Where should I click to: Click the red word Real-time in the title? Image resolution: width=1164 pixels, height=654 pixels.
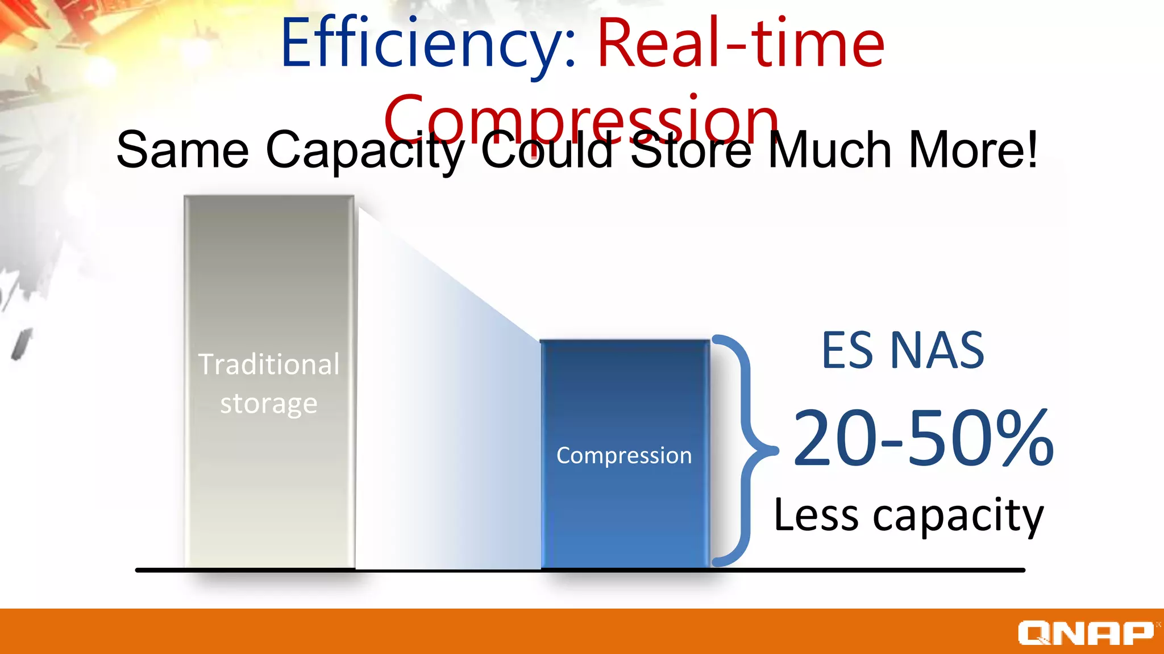740,44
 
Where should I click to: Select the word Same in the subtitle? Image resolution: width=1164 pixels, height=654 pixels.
182,150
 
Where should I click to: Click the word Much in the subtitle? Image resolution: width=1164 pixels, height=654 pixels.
830,150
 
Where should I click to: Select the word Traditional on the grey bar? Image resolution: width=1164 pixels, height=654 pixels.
269,364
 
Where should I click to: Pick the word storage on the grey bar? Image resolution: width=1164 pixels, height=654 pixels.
269,404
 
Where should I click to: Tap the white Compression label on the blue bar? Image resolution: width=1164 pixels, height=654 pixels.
624,455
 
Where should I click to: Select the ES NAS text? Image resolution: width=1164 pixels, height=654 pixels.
903,351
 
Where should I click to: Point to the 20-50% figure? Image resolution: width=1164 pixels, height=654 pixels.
923,438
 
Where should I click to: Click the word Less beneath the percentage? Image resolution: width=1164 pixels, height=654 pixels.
816,515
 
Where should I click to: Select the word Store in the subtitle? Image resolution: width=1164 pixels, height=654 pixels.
691,150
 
